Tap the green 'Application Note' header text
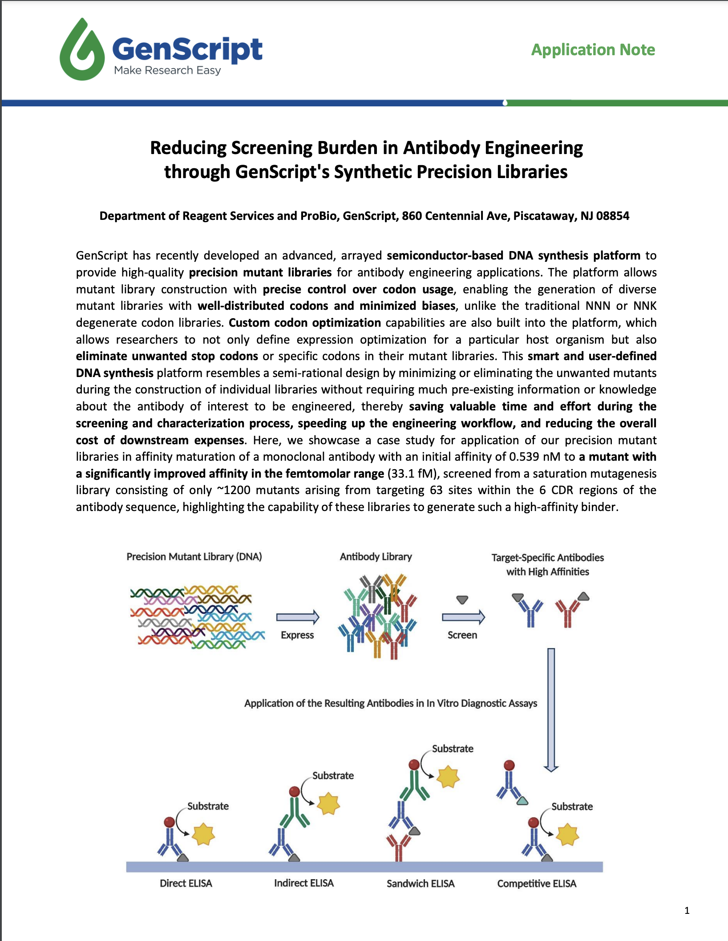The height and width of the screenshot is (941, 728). [593, 50]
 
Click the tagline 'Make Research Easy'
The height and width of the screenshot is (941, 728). [167, 70]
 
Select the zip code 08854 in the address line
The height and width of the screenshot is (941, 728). [612, 216]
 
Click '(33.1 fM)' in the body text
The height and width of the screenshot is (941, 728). [413, 474]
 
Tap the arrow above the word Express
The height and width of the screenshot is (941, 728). [298, 617]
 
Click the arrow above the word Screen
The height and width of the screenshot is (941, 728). [463, 617]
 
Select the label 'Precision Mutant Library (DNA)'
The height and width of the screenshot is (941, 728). [194, 557]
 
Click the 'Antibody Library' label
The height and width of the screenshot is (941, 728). [376, 557]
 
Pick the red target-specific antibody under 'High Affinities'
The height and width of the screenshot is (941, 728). [567, 612]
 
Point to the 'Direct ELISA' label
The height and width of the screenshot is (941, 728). [186, 884]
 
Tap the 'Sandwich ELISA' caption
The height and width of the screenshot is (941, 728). [420, 884]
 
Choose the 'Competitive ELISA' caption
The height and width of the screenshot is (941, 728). [536, 884]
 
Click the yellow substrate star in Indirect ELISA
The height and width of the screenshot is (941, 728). [328, 804]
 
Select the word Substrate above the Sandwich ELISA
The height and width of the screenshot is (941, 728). [452, 749]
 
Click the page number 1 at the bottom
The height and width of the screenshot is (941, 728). [687, 911]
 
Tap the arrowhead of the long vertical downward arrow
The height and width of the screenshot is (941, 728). [551, 767]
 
